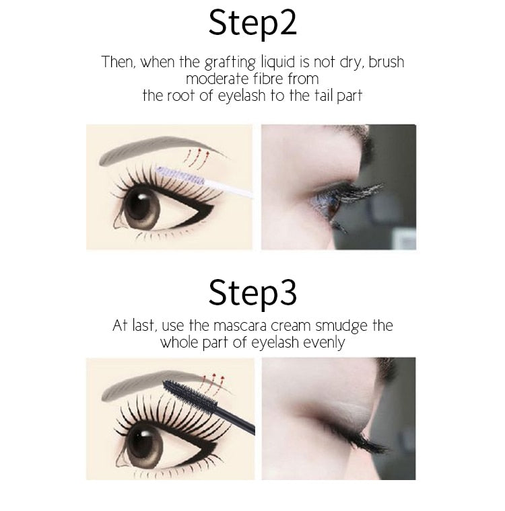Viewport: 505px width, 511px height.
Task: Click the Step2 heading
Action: pyautogui.click(x=252, y=23)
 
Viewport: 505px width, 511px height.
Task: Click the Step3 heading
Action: pyautogui.click(x=252, y=292)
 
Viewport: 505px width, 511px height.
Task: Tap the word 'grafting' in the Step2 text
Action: pyautogui.click(x=230, y=63)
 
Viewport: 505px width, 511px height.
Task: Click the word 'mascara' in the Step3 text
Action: pyautogui.click(x=240, y=326)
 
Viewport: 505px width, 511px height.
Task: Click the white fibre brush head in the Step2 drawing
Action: pyautogui.click(x=180, y=175)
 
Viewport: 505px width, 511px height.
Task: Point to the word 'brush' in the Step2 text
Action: pyautogui.click(x=386, y=62)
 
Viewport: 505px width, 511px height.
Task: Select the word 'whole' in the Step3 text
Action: pyautogui.click(x=179, y=343)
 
